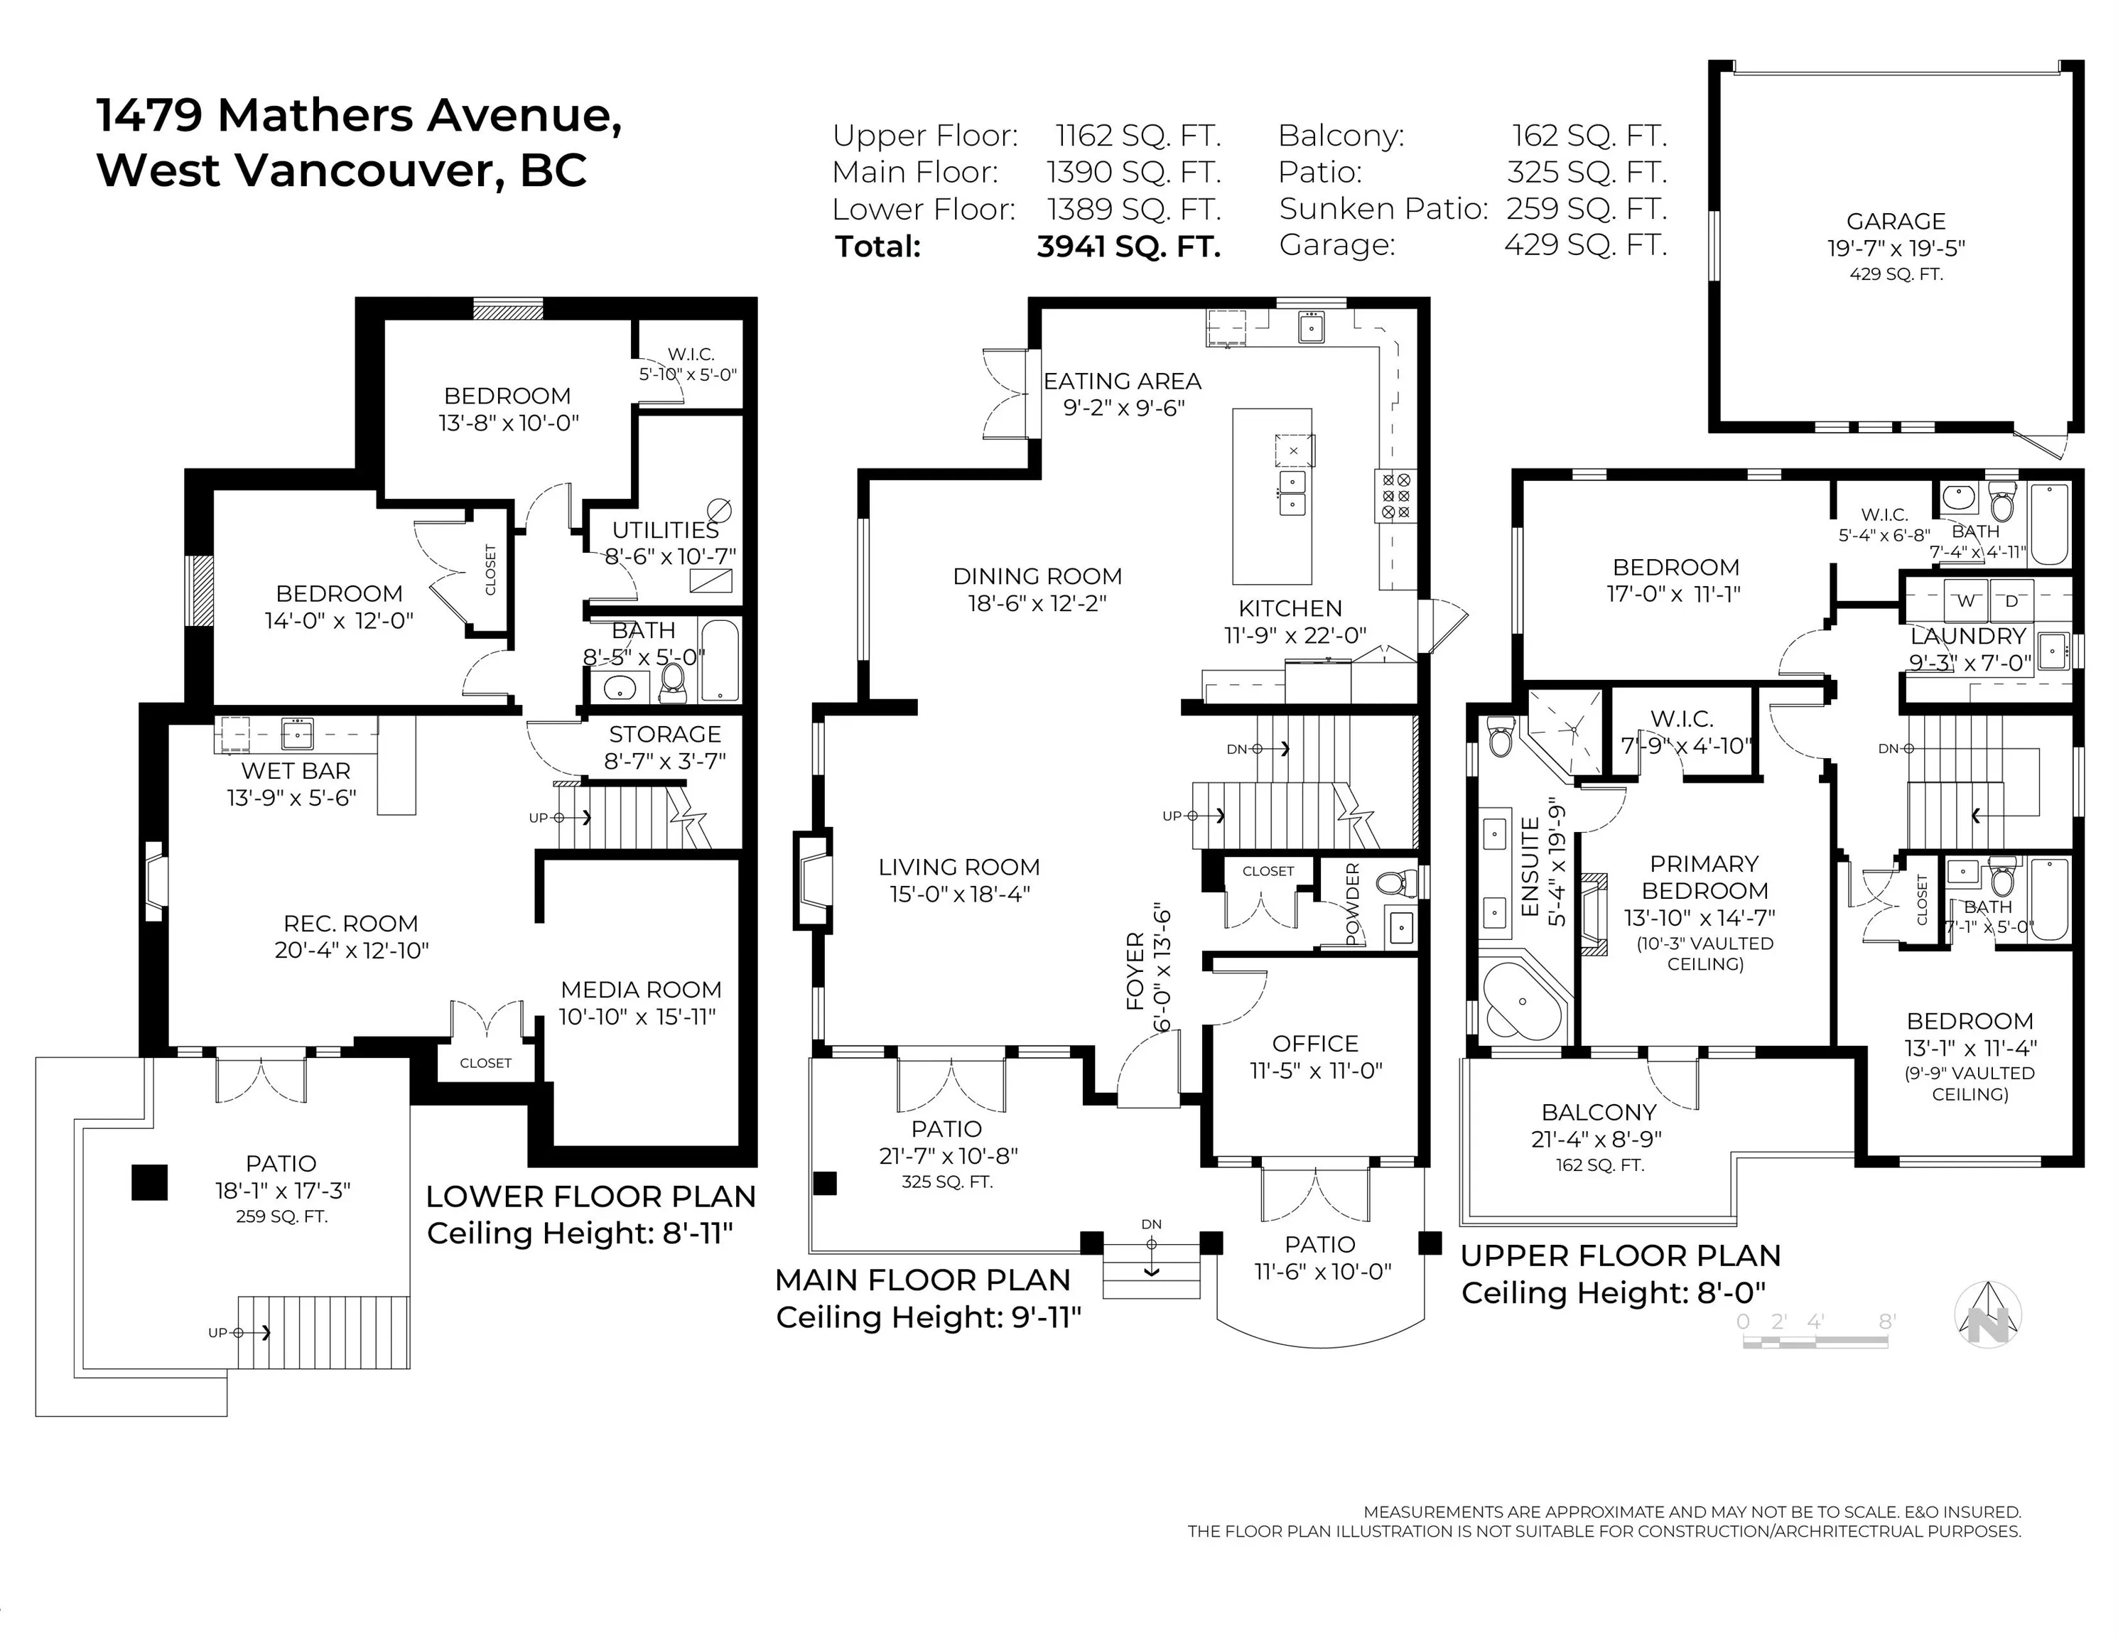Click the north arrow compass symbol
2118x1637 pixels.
click(x=1987, y=1314)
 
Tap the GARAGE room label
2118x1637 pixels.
click(x=1895, y=221)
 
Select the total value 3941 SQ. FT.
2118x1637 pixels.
click(x=1128, y=247)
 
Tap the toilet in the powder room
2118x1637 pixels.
click(x=1395, y=882)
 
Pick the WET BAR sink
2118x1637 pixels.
click(x=297, y=733)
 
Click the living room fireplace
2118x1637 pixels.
click(x=813, y=880)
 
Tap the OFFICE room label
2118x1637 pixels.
click(x=1315, y=1044)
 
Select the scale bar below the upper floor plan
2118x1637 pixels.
click(x=1815, y=1342)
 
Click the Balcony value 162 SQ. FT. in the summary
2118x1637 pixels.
click(x=1589, y=136)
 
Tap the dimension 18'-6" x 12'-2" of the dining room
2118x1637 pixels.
click(x=1037, y=603)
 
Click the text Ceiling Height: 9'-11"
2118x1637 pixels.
click(x=928, y=1317)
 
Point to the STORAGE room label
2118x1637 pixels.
click(x=665, y=734)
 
